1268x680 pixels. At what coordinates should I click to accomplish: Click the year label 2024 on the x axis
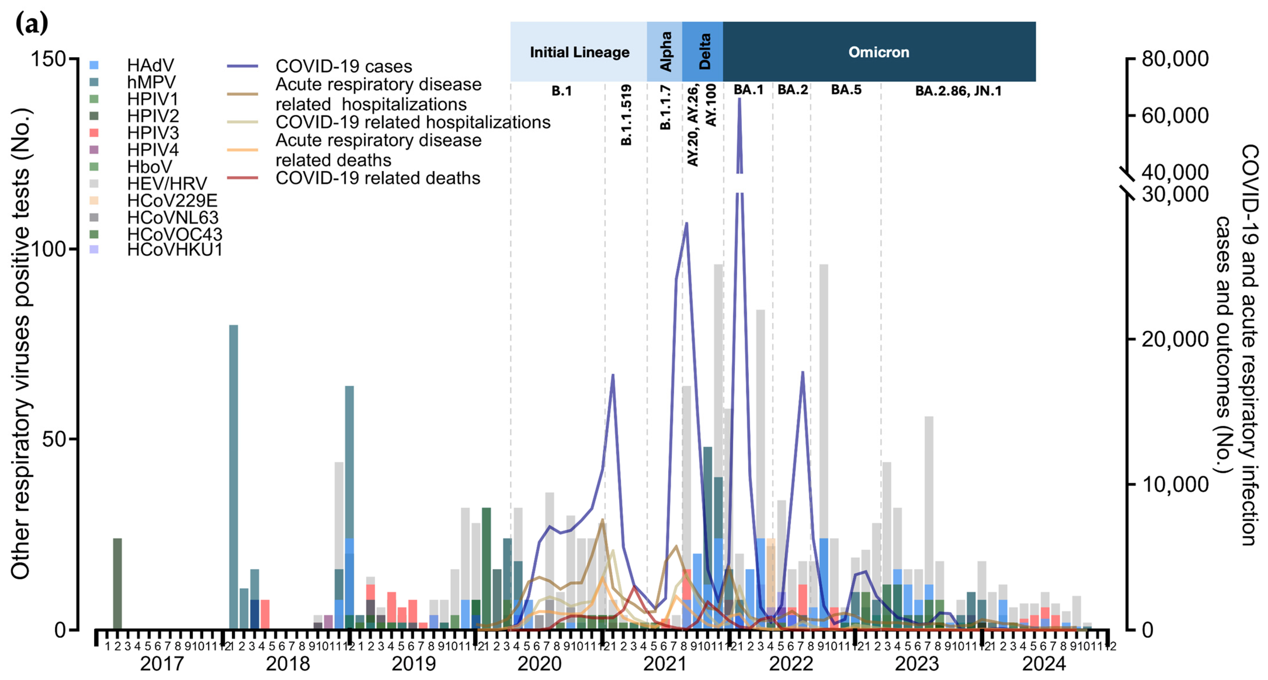[1043, 664]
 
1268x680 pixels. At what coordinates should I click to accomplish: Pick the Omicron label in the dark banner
[879, 52]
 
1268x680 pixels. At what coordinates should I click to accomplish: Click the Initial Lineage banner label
[579, 52]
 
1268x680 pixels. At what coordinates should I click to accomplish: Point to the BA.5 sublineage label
[846, 90]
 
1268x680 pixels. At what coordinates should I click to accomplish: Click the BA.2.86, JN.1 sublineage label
[958, 91]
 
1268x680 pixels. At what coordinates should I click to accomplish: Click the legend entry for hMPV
[151, 82]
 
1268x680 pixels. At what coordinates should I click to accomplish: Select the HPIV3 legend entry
[153, 133]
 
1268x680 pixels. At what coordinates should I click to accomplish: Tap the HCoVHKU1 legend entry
[174, 250]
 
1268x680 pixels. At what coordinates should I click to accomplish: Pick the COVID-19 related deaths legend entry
[378, 178]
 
